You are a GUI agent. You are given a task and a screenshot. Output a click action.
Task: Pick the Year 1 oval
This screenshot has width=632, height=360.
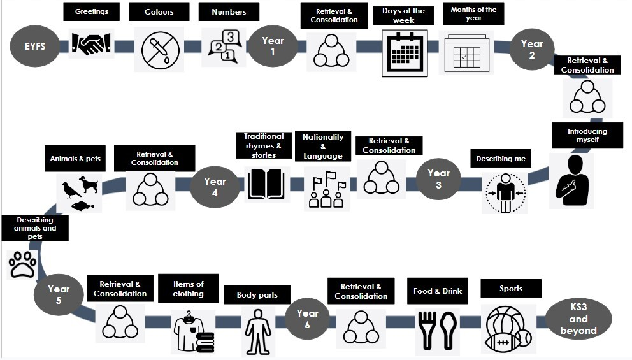273,46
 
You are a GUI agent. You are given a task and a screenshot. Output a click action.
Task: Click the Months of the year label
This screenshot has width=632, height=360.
473,14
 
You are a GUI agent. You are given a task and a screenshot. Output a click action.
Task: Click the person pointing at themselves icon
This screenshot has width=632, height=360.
571,180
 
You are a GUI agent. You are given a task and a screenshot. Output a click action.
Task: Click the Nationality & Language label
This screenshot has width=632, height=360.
323,147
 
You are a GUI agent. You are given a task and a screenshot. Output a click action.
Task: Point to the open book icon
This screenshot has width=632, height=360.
266,184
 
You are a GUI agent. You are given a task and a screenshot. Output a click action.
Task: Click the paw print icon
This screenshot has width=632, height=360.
23,263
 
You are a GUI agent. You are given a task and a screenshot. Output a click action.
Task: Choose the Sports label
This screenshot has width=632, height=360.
511,289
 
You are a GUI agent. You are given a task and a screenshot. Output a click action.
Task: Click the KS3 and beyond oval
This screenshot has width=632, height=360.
578,319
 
